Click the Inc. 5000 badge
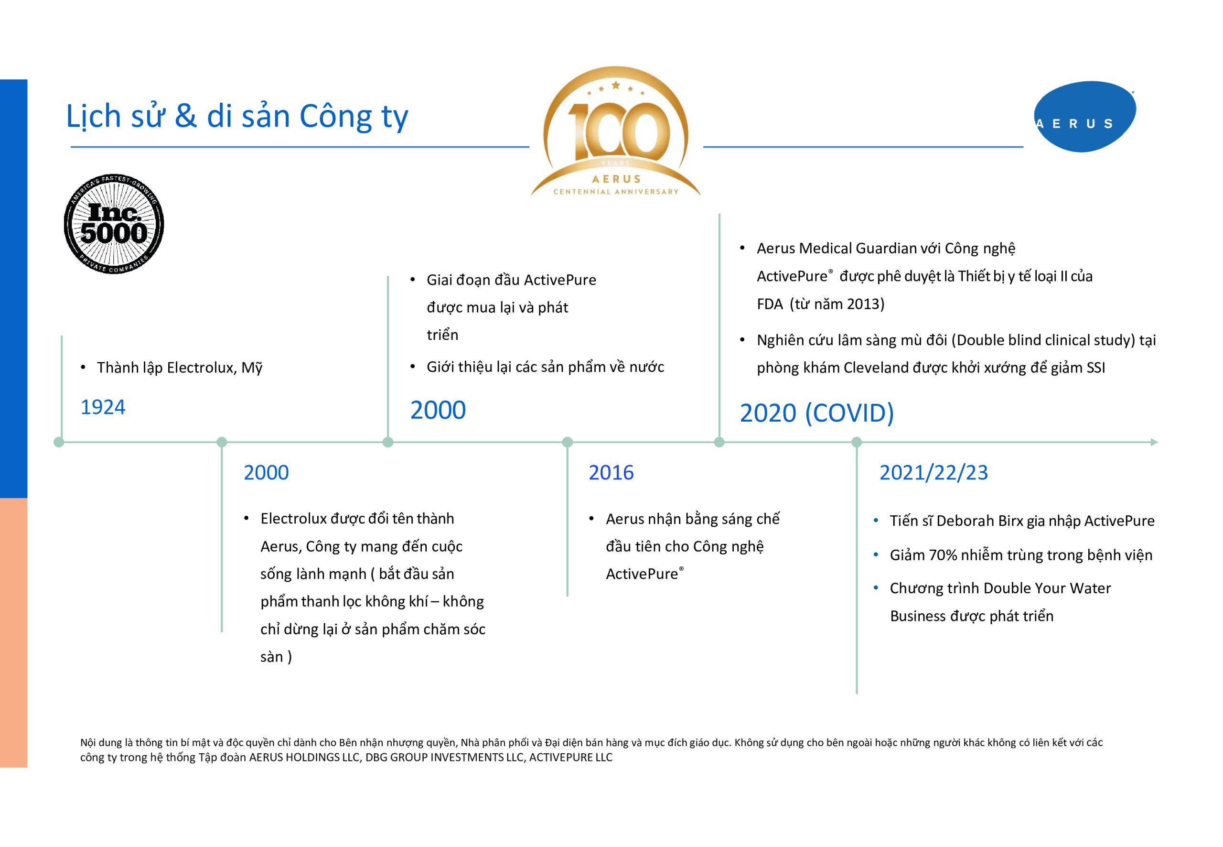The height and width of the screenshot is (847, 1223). click(x=114, y=224)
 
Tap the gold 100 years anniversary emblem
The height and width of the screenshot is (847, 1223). click(x=616, y=131)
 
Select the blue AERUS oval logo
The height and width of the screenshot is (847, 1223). click(x=1085, y=117)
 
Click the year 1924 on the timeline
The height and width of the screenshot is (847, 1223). click(x=103, y=407)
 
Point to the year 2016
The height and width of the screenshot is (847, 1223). click(x=611, y=472)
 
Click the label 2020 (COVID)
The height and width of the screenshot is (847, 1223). click(x=817, y=413)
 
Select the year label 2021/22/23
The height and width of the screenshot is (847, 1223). click(x=934, y=472)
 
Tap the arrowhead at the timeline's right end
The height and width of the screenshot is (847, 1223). click(x=1154, y=442)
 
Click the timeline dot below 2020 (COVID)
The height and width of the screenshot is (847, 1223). click(x=719, y=442)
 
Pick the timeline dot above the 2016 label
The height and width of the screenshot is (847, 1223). click(x=568, y=442)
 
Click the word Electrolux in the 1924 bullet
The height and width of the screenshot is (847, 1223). click(x=201, y=367)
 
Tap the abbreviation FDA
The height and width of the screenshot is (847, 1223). click(x=770, y=304)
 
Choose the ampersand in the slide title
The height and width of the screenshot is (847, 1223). click(x=186, y=116)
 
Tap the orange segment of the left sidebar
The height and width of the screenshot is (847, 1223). click(x=14, y=632)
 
